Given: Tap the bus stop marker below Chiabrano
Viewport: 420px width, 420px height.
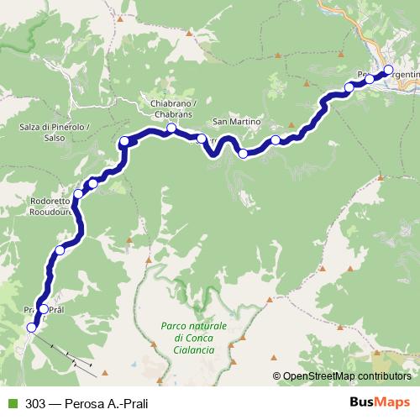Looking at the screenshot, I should click(171, 129).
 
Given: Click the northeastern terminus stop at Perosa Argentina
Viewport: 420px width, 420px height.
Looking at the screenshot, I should click(388, 70).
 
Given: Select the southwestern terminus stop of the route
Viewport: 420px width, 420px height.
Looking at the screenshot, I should click(32, 328).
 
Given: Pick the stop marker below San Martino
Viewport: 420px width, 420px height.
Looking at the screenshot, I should click(244, 153).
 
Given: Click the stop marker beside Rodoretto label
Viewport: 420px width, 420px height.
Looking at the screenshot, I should click(79, 194).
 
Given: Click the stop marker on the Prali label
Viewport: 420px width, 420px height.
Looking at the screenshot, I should click(44, 309).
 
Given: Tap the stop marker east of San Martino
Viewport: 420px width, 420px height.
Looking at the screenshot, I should click(276, 140).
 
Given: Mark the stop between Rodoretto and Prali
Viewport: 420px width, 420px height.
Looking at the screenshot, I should click(60, 250).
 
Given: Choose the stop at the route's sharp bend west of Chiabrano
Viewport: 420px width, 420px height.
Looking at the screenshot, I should click(124, 141).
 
